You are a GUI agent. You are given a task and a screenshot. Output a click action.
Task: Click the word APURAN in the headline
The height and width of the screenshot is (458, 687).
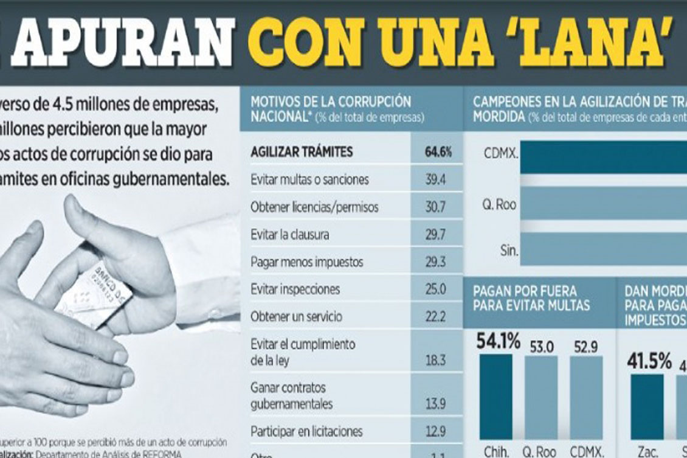[x=122, y=43]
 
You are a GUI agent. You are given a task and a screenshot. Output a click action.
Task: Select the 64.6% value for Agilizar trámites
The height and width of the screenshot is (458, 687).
[x=438, y=153]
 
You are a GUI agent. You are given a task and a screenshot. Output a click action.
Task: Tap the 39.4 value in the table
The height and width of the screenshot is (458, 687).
[x=435, y=180]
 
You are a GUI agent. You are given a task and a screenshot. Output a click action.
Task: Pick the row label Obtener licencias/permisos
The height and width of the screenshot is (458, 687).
[x=314, y=207]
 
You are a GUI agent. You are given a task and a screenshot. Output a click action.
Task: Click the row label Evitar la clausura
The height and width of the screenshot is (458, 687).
[x=290, y=235]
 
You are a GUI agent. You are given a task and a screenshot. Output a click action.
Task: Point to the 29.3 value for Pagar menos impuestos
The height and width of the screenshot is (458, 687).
[x=435, y=262]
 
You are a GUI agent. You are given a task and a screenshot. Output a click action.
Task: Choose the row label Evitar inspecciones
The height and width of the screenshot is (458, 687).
[x=295, y=290]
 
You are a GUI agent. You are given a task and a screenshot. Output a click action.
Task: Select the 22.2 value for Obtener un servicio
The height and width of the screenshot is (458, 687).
[x=435, y=317]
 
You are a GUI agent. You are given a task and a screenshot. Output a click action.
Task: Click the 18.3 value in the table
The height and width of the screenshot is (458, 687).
[x=435, y=361]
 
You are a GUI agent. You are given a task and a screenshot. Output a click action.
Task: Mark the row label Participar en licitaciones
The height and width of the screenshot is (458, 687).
[x=306, y=432]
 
